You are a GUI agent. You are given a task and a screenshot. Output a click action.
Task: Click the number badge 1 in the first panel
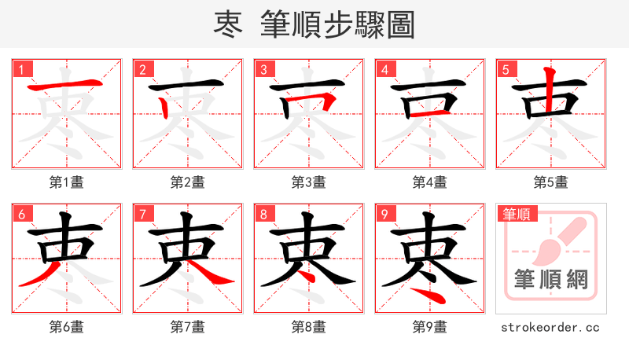pos(21,69)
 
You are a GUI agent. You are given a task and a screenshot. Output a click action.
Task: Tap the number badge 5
pos(506,69)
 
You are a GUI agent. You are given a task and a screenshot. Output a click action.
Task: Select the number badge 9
pos(384,214)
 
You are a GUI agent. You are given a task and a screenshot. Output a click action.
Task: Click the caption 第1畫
pos(66,182)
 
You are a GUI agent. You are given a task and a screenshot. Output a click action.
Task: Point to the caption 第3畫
pos(308,182)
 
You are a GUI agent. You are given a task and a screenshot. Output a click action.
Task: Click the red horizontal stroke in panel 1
pos(66,84)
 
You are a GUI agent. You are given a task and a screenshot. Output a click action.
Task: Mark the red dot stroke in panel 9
pos(429,295)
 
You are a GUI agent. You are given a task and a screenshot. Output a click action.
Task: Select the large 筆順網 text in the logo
pos(550,280)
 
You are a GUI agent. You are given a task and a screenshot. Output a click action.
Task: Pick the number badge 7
pos(142,214)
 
